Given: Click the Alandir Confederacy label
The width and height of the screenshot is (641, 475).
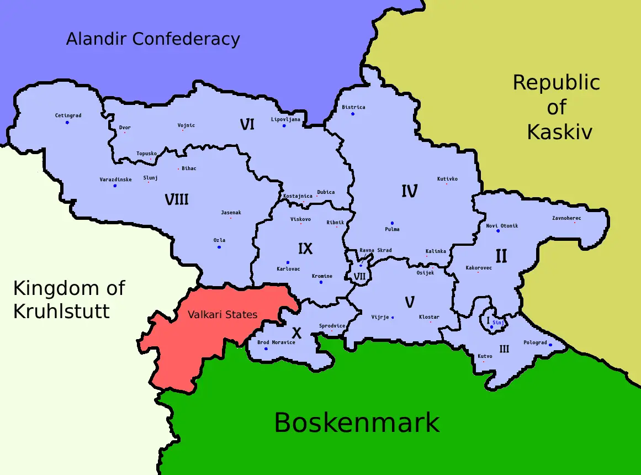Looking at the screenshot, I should coord(153,39).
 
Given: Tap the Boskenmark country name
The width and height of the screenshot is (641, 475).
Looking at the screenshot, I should coord(357,423).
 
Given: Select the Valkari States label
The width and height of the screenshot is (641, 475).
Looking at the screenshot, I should coord(223,314).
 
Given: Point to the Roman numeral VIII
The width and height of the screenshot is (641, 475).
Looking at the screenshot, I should coord(177,199).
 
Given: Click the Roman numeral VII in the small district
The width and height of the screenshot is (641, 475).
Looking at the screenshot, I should coord(360,276).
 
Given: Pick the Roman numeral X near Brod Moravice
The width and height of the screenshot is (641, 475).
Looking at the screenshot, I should coord(296,333).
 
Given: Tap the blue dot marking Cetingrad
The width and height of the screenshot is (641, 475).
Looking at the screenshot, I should coord(67,122).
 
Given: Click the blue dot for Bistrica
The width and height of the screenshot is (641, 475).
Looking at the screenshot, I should coord(353,114).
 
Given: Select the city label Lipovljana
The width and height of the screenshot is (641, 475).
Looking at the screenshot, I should coord(285,119).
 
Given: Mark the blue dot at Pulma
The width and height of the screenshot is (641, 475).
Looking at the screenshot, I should coord(392,223).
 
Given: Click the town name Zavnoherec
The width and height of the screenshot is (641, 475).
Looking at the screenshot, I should coord(566,218).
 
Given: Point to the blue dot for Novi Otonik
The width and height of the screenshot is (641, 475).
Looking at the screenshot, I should coord(498,231).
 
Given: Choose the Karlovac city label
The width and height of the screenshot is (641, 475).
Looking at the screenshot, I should coord(288,269).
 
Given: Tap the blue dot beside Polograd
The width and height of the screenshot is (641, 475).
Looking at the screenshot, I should coord(550,345).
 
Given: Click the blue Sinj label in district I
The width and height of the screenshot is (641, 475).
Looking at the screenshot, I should coord(498,322).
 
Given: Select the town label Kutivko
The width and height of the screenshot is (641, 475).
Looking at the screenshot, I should coord(447,179).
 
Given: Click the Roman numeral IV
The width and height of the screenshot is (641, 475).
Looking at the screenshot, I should coord(409,192).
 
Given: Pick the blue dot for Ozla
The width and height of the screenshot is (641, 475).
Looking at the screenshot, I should coord(219,247).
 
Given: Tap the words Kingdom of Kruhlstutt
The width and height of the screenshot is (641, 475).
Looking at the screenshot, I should coord(68,299).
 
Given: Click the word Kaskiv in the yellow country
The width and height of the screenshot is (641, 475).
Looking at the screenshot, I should coord(559,132).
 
